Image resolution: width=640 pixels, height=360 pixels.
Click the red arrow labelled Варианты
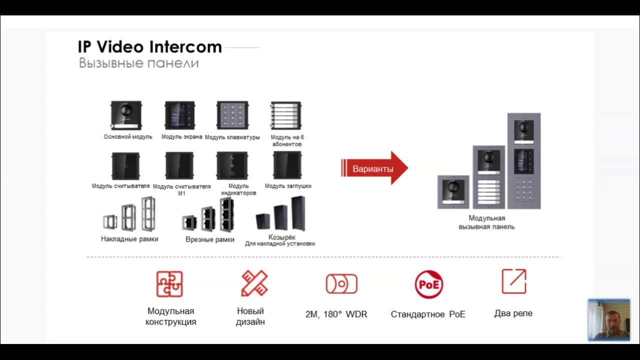pos(374,168)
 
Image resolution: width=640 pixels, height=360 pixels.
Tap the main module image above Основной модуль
pos(126,115)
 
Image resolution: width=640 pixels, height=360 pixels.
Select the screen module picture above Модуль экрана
pos(180,115)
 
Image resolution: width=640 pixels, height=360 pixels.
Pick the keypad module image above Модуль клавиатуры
pos(232,115)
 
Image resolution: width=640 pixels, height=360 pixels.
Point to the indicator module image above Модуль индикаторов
pos(232,165)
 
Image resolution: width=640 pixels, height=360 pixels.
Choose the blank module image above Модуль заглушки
pos(287,165)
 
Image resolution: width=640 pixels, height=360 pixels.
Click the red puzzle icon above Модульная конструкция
pos(169,284)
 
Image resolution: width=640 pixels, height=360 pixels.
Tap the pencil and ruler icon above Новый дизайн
pos(254,283)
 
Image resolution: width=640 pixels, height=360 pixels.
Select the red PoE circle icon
pos(428,284)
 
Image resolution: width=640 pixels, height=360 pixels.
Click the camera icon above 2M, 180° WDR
pos(341,284)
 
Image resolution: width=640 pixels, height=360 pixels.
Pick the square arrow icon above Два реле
pos(514,281)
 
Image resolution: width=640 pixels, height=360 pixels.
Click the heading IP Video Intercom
pos(149,47)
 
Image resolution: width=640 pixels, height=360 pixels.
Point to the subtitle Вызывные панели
pos(138,63)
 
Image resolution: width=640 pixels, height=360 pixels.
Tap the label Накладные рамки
pos(129,239)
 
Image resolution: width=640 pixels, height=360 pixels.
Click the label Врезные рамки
pos(210,239)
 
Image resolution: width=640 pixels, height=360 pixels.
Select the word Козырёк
pos(282,237)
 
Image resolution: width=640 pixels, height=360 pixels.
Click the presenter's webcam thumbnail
pos(608,320)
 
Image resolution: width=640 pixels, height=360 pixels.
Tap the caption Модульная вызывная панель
pos(486,222)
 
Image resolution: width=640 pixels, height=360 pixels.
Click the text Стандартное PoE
pos(428,314)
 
